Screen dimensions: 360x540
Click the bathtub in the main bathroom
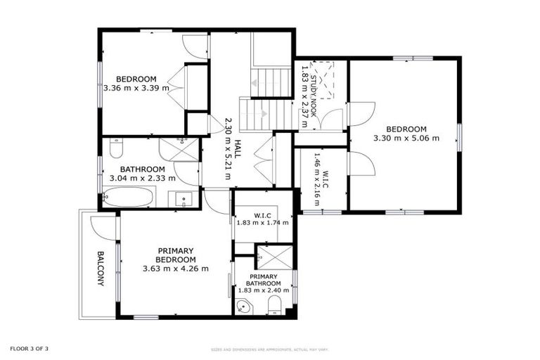click(129, 197)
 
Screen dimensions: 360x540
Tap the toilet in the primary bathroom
click(276, 305)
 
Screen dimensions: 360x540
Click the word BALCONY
click(100, 268)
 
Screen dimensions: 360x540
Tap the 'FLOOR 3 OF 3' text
click(29, 348)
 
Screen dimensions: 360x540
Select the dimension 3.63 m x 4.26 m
click(175, 268)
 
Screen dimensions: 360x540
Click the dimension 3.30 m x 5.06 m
click(406, 138)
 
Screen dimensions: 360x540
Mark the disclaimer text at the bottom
click(270, 349)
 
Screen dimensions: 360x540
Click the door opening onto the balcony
click(103, 226)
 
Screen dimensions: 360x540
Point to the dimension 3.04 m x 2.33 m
click(143, 178)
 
